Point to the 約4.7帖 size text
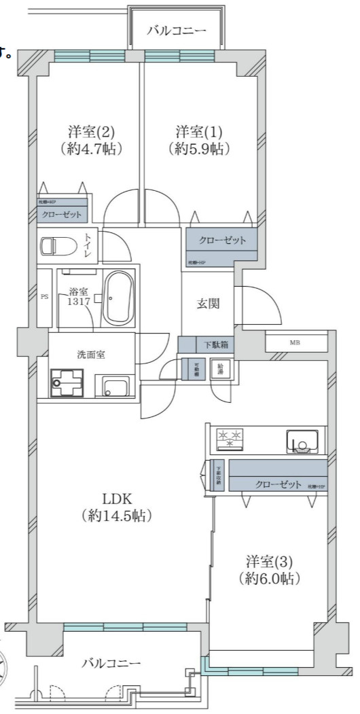click(90, 148)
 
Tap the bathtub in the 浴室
click(120, 298)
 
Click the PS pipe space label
click(45, 297)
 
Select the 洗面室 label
click(90, 354)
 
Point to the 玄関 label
click(208, 304)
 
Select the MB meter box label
click(295, 342)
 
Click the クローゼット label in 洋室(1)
click(222, 240)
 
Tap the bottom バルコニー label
click(112, 662)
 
